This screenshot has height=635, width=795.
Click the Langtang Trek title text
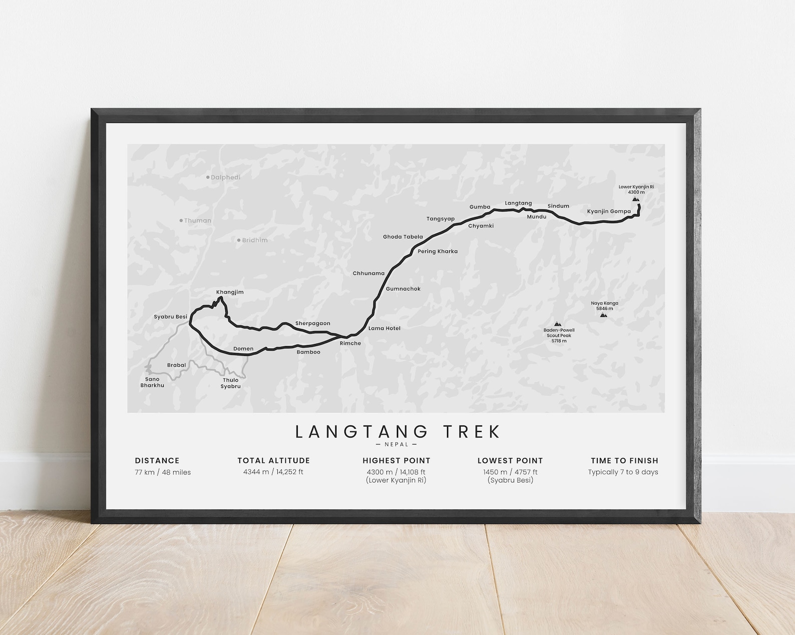397,431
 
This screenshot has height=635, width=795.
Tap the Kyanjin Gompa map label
609,211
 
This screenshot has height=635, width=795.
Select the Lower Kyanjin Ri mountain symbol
636,199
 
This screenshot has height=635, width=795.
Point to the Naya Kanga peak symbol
604,315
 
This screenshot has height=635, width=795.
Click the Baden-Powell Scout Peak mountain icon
558,324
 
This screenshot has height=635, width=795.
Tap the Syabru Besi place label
170,316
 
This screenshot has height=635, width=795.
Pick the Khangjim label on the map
230,292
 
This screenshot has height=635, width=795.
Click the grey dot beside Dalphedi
208,177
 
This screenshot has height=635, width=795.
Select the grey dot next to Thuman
181,220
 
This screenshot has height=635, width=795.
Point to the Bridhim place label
255,240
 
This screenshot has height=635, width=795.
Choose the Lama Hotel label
384,328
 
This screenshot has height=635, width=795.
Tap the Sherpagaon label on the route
313,323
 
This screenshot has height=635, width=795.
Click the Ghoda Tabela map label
403,237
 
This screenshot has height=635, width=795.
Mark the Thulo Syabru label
231,383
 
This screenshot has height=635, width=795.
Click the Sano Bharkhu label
152,382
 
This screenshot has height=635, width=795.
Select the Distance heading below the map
157,460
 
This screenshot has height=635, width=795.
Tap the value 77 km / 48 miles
163,472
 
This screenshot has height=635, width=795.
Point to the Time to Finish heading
624,460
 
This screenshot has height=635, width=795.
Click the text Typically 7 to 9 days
623,472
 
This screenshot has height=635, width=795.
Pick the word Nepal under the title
397,444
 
